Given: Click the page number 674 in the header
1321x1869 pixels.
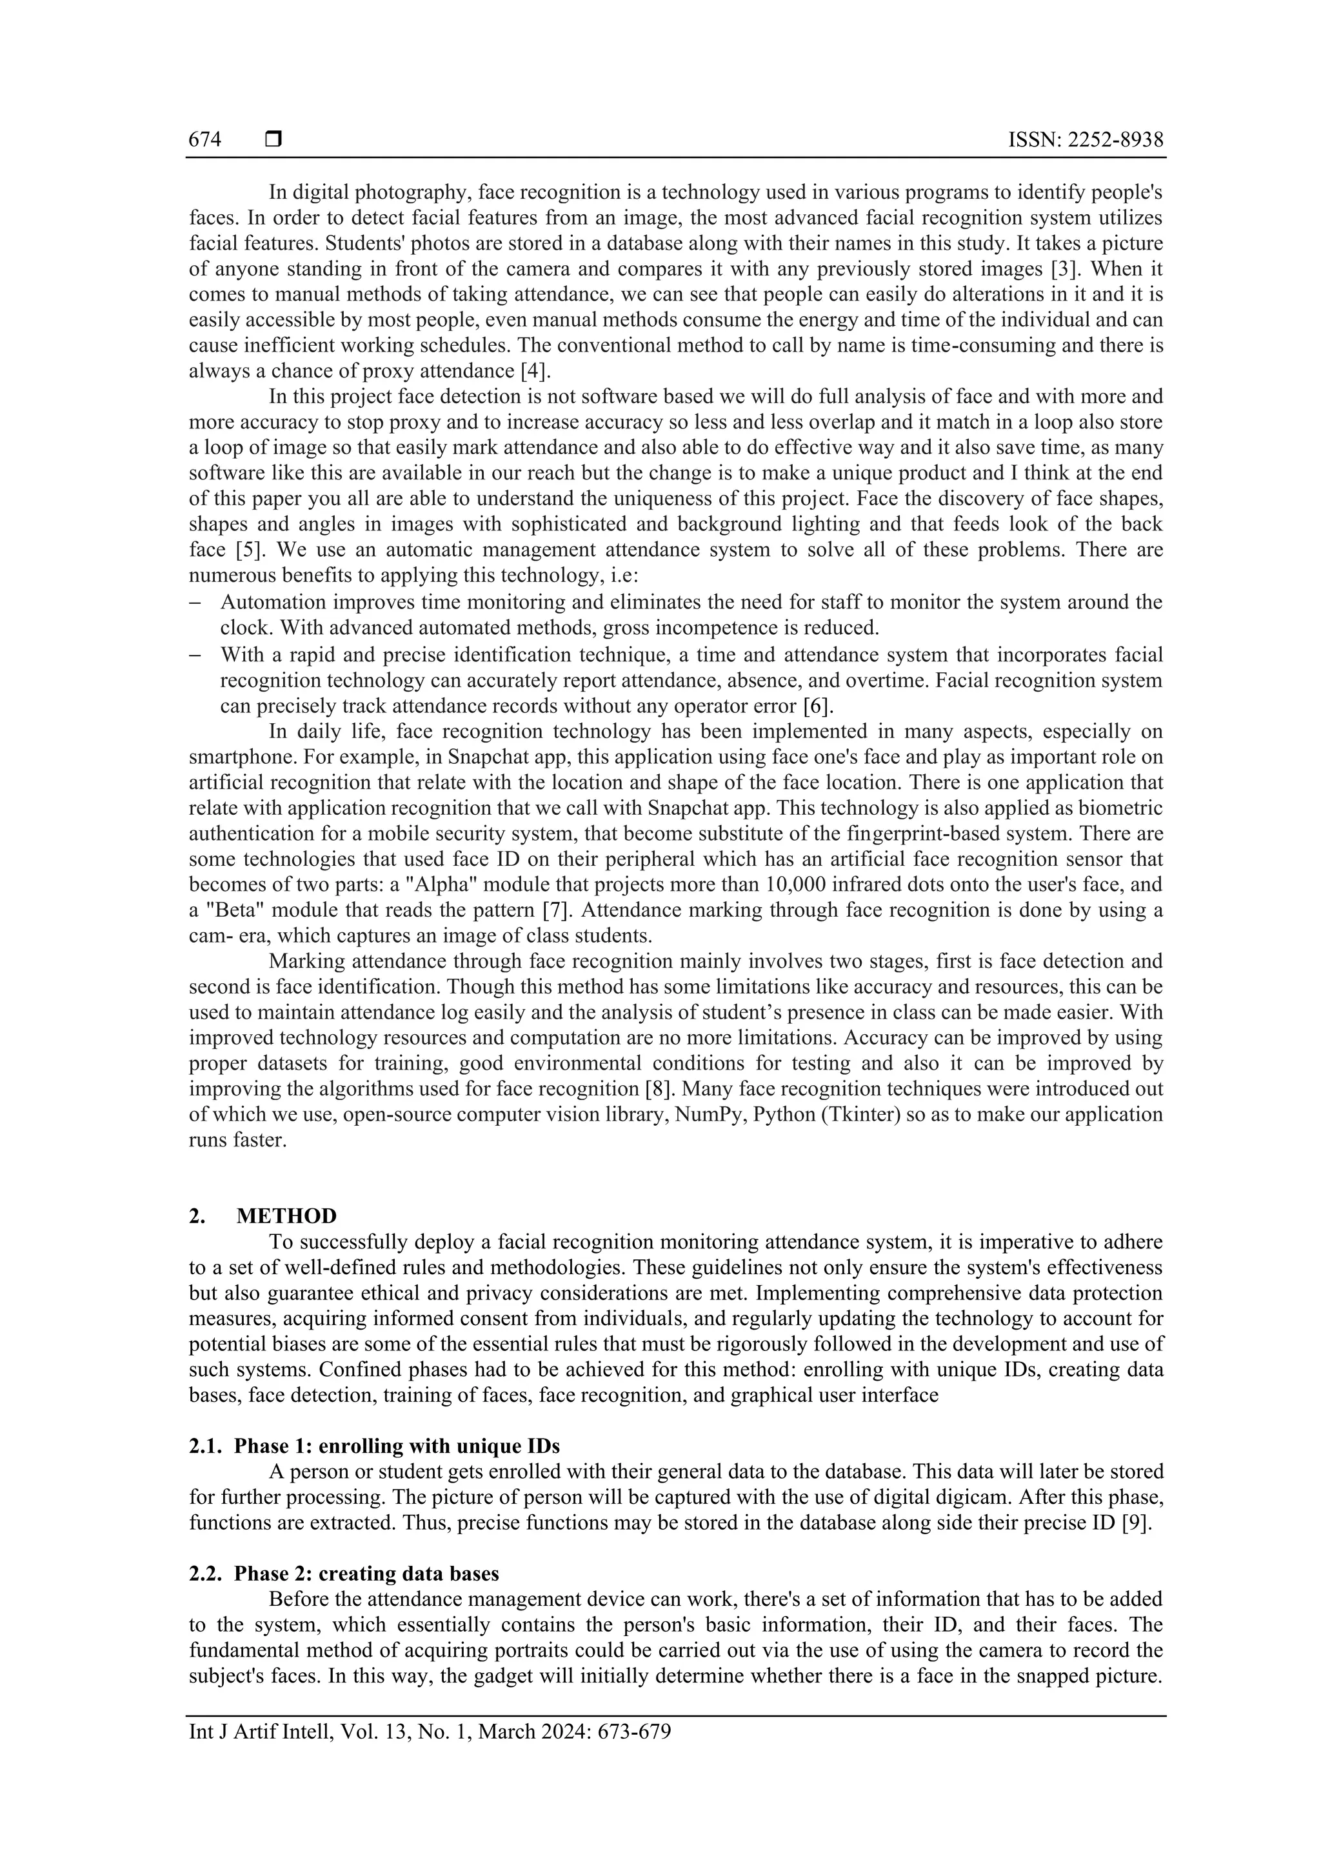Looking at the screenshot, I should (x=204, y=140).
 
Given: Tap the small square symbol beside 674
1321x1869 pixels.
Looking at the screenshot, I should (x=273, y=140).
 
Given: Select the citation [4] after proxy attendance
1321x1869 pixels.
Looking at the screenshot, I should (x=535, y=371).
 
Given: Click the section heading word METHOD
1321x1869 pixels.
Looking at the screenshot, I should (x=286, y=1216).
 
